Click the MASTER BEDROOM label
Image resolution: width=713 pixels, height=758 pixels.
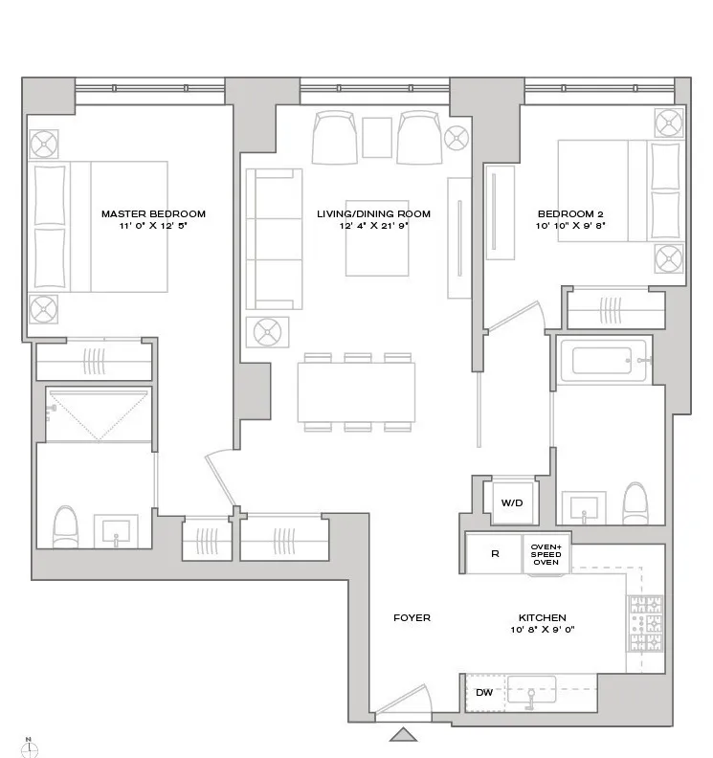(153, 214)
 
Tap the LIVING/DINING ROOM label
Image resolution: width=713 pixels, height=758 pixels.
(373, 214)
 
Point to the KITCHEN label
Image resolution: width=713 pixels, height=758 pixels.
(543, 618)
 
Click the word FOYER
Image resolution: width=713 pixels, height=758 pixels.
(412, 618)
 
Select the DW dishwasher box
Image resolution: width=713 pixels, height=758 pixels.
(484, 691)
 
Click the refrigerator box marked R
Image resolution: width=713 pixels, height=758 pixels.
(495, 554)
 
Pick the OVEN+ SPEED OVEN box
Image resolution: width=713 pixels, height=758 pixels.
(546, 554)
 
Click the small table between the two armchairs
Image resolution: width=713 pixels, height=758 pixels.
(376, 137)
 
